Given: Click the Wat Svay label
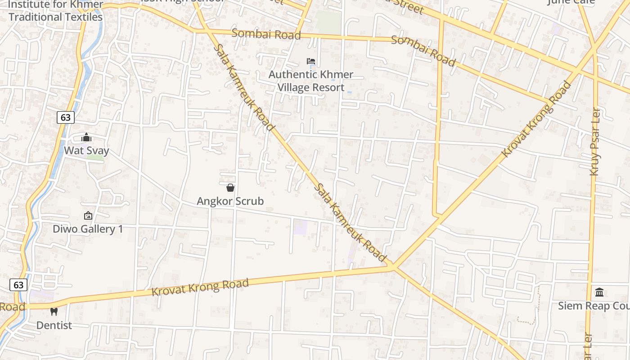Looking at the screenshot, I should pos(86,150).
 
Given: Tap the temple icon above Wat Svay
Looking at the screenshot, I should pos(86,137).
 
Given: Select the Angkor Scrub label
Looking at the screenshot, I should pos(230,201).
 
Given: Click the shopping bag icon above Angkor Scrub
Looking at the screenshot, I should pos(230,188).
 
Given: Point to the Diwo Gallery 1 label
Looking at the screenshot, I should pos(88,229).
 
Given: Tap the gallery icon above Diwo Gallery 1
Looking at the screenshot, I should pos(88,216).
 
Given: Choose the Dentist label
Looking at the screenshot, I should pos(54,325).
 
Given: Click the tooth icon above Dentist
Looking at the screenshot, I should pos(54,311).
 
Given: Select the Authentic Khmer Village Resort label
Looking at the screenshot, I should pos(311,81).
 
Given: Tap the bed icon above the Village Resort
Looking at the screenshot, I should pos(311,61).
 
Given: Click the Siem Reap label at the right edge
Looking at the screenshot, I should pos(594,306).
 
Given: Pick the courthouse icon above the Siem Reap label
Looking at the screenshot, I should pos(599,292).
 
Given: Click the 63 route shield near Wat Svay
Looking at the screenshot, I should pos(66,117).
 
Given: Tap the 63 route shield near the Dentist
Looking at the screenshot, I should pos(18,285).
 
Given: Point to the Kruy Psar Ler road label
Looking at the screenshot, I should pos(595,142).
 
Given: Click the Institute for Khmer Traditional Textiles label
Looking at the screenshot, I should pos(56,11).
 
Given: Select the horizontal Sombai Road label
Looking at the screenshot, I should pos(266,34).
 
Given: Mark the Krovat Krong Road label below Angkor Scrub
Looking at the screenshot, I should pos(200,287).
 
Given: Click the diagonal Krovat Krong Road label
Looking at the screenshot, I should pos(536,119).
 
